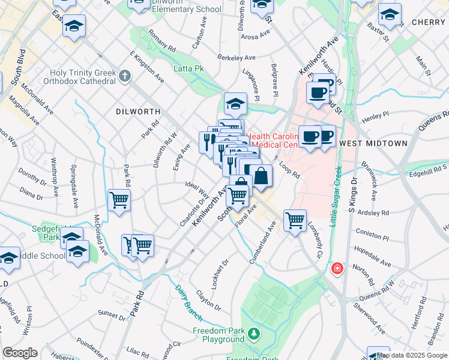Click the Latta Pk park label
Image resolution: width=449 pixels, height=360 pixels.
[189, 69]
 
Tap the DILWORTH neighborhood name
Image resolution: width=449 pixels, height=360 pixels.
[138, 112]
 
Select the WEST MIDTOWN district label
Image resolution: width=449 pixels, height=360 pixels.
[373, 143]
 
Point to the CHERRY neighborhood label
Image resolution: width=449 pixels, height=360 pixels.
[429, 22]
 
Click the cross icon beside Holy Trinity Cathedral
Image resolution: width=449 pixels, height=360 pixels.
[125, 76]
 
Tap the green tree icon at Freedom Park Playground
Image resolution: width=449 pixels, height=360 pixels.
[255, 332]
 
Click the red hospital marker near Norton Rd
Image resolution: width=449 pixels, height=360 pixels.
[337, 268]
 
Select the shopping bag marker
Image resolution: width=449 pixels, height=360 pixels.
[261, 177]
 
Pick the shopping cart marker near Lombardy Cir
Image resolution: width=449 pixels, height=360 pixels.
[295, 221]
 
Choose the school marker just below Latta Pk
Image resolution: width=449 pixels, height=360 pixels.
[236, 104]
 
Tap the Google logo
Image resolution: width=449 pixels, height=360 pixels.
[20, 353]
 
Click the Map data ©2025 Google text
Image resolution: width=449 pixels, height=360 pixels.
[412, 355]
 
